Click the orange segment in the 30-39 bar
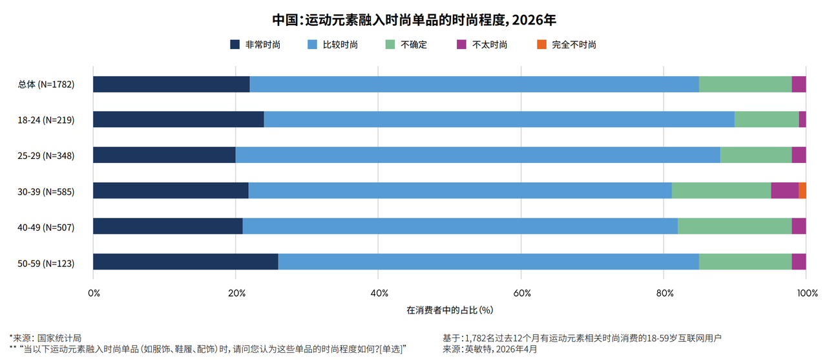tap(802, 191)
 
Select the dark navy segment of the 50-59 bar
tap(185, 262)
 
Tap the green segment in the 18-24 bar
tap(767, 120)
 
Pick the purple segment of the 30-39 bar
tap(785, 191)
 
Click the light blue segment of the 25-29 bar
tap(478, 155)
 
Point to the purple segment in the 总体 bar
tap(799, 84)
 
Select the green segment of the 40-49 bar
tap(735, 226)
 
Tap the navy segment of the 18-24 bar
tap(178, 120)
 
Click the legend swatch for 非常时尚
tap(235, 45)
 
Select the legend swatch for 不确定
tap(390, 45)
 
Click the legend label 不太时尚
tap(490, 45)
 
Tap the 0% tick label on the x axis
tap(94, 293)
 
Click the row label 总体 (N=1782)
tap(46, 85)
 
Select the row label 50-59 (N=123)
tap(46, 264)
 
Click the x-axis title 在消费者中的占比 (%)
tap(450, 310)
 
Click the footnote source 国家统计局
tap(59, 338)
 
